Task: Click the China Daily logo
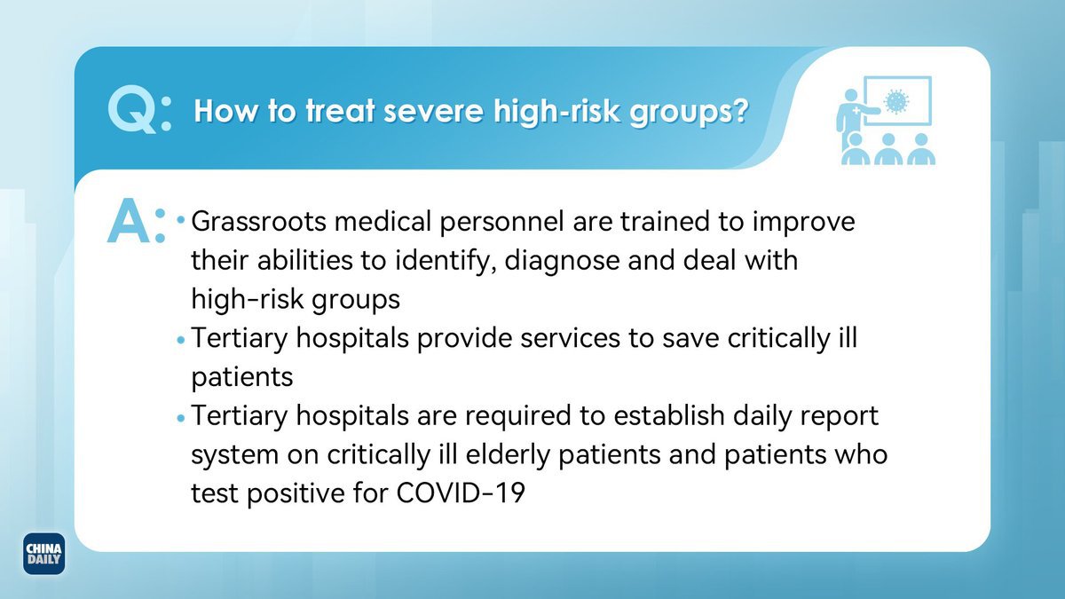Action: pyautogui.click(x=43, y=554)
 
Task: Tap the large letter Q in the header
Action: pyautogui.click(x=132, y=110)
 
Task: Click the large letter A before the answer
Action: pyautogui.click(x=129, y=222)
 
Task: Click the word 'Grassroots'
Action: pyautogui.click(x=258, y=221)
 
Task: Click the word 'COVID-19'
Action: pyautogui.click(x=461, y=493)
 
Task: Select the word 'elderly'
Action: pyautogui.click(x=508, y=455)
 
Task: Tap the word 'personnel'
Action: pyautogui.click(x=502, y=223)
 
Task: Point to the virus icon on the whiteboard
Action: pyautogui.click(x=896, y=101)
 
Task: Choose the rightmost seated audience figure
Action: pyautogui.click(x=921, y=149)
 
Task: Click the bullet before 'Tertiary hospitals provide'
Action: pyautogui.click(x=181, y=340)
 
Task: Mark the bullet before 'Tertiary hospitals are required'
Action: pyautogui.click(x=181, y=418)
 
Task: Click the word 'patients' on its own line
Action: pyautogui.click(x=242, y=378)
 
